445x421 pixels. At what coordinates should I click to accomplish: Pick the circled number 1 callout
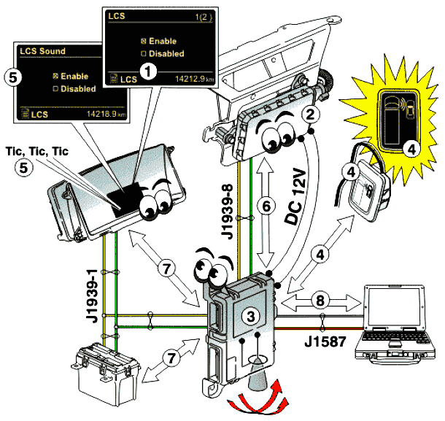pyautogui.click(x=149, y=70)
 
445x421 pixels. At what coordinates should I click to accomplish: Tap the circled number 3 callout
pyautogui.click(x=250, y=316)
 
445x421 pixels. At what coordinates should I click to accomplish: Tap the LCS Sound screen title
pyautogui.click(x=42, y=51)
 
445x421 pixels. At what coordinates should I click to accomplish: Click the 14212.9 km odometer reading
pyautogui.click(x=183, y=79)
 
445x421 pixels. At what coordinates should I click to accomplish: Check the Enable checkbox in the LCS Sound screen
pyautogui.click(x=55, y=75)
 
